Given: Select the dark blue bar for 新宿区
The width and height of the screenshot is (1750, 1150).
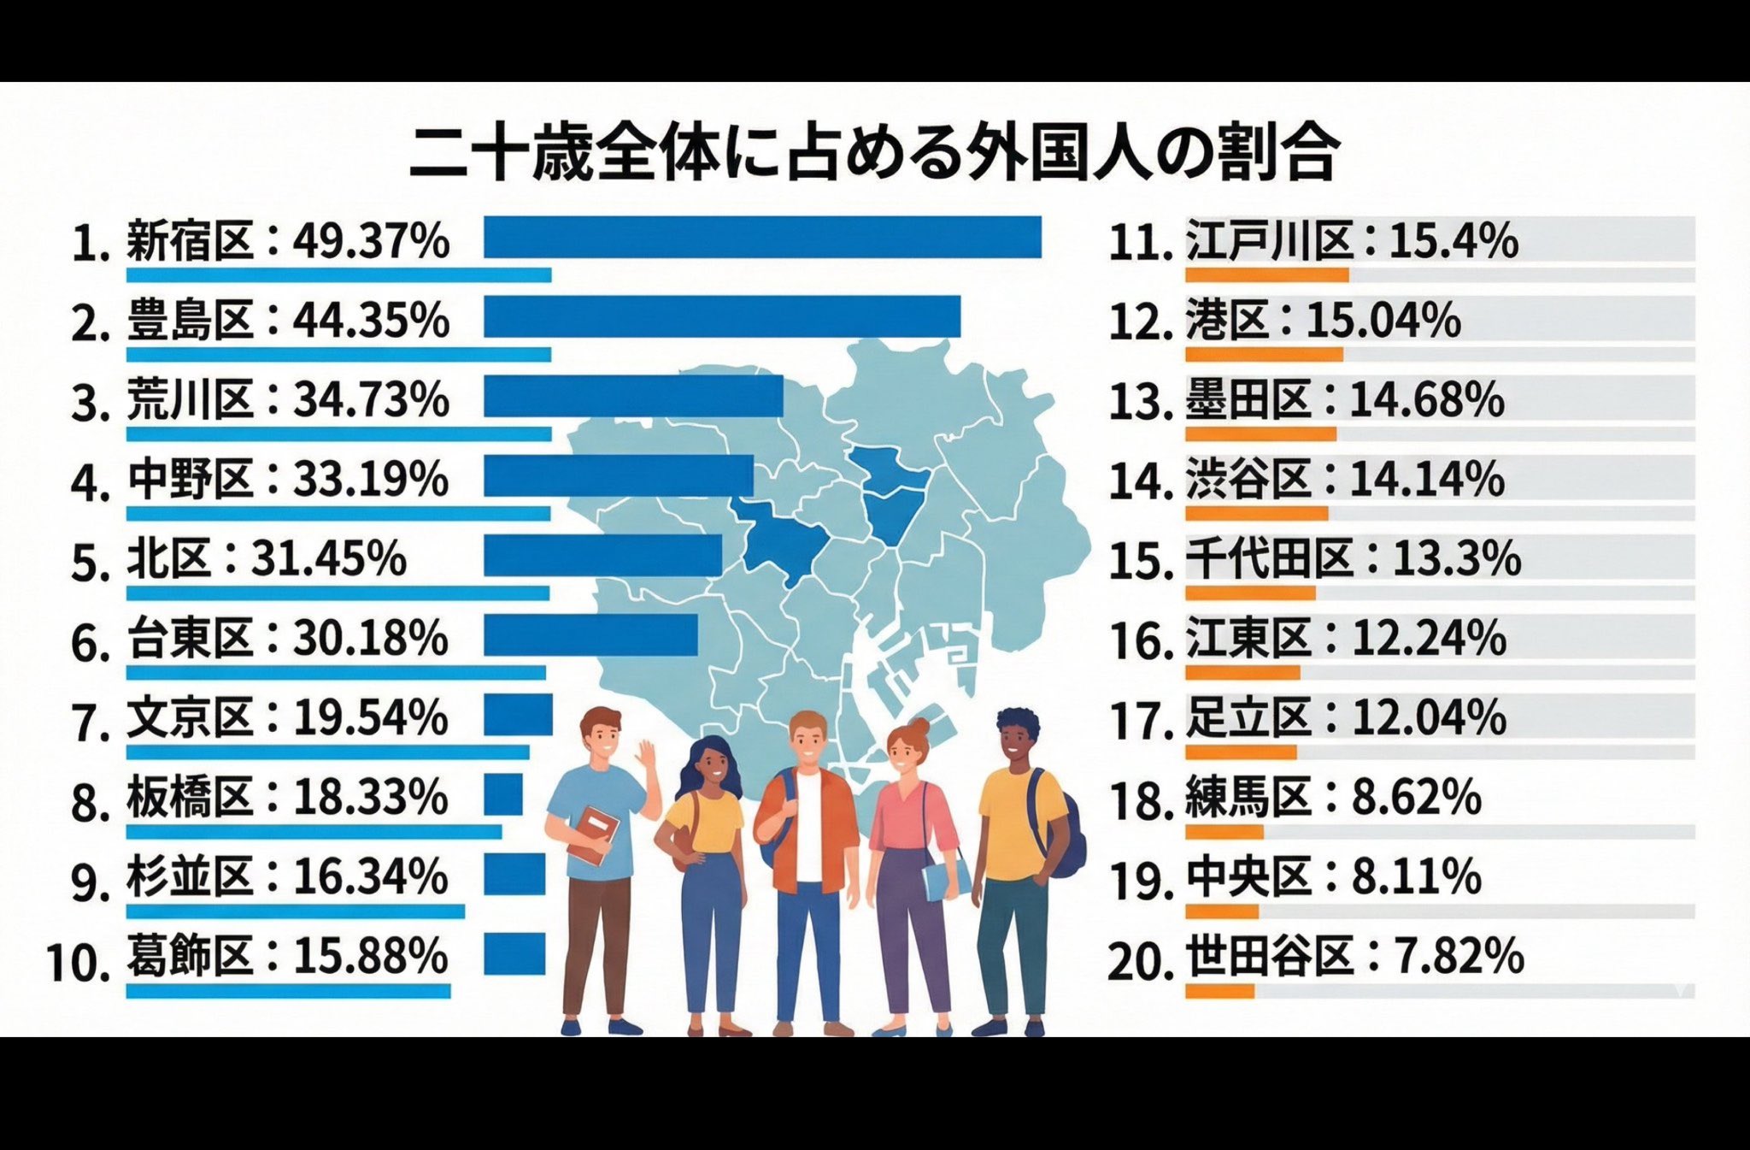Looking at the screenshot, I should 762,237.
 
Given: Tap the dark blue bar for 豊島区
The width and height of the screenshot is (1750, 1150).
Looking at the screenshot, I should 722,316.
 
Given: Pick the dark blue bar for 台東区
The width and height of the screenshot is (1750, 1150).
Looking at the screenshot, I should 590,635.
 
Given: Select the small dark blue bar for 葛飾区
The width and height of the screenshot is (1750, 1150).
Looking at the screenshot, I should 514,953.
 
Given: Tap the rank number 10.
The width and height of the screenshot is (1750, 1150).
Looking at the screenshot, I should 79,962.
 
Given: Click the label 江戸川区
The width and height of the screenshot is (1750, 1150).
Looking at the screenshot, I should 1270,240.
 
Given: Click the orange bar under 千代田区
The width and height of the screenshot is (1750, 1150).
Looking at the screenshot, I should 1250,593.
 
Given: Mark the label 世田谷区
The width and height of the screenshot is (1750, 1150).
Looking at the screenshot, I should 1270,956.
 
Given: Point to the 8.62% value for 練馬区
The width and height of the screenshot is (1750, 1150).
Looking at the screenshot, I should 1417,797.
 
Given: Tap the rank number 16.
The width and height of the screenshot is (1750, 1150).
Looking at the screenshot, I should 1141,641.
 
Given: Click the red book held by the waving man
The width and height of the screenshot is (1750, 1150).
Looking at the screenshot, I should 594,834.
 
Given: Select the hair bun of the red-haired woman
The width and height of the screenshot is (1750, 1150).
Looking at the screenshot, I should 918,728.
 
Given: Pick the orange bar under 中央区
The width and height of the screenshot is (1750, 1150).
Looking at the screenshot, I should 1222,911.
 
